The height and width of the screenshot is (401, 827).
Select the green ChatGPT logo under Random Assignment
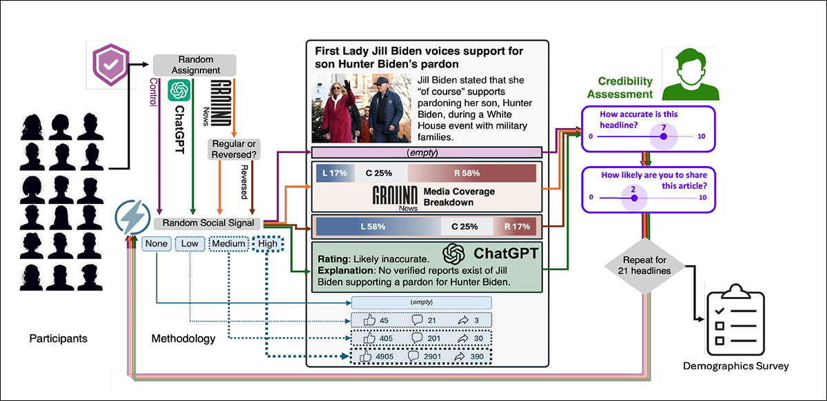[179, 90]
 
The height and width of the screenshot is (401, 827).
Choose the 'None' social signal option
[155, 243]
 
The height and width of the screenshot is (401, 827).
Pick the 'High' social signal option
[267, 243]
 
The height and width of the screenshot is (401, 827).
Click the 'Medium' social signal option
[229, 243]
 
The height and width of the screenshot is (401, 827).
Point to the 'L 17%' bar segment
[334, 173]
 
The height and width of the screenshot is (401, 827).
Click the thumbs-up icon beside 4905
[367, 357]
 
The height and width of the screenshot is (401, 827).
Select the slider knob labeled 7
[663, 136]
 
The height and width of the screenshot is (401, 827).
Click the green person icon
[690, 71]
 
